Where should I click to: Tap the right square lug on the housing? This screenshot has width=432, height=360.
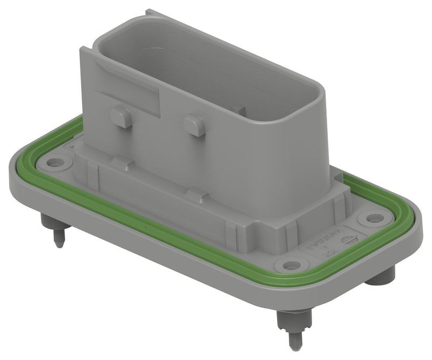point(193,125)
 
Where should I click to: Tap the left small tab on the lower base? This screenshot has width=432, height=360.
point(122,161)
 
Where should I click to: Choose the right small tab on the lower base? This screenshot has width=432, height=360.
point(194,192)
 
